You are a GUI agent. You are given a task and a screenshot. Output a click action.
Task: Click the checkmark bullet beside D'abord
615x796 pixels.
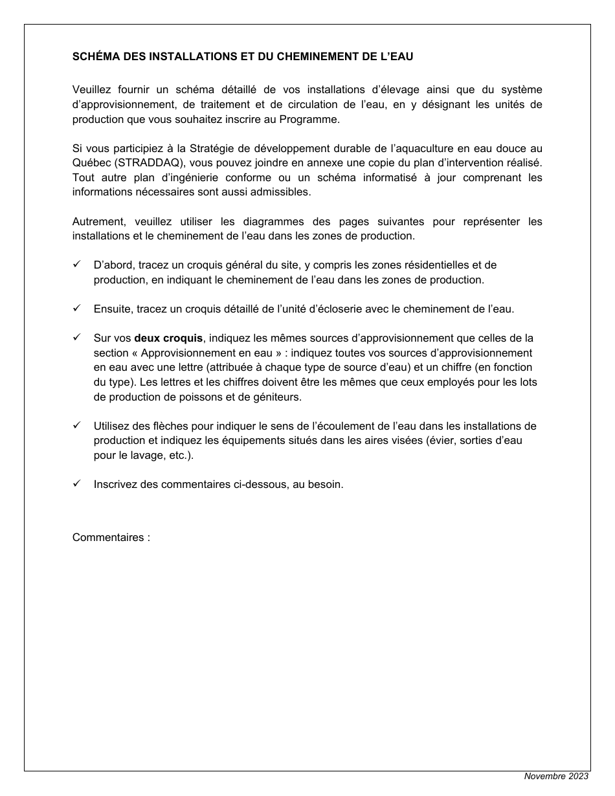tap(76, 265)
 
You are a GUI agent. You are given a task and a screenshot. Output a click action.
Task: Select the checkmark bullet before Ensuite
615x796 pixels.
tap(76, 309)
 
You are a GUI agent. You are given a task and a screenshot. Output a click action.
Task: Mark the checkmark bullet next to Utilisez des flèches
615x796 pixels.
tap(76, 426)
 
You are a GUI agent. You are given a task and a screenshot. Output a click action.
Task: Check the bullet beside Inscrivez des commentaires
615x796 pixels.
tap(76, 484)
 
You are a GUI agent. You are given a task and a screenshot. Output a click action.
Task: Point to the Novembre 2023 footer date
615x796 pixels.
tap(556, 777)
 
